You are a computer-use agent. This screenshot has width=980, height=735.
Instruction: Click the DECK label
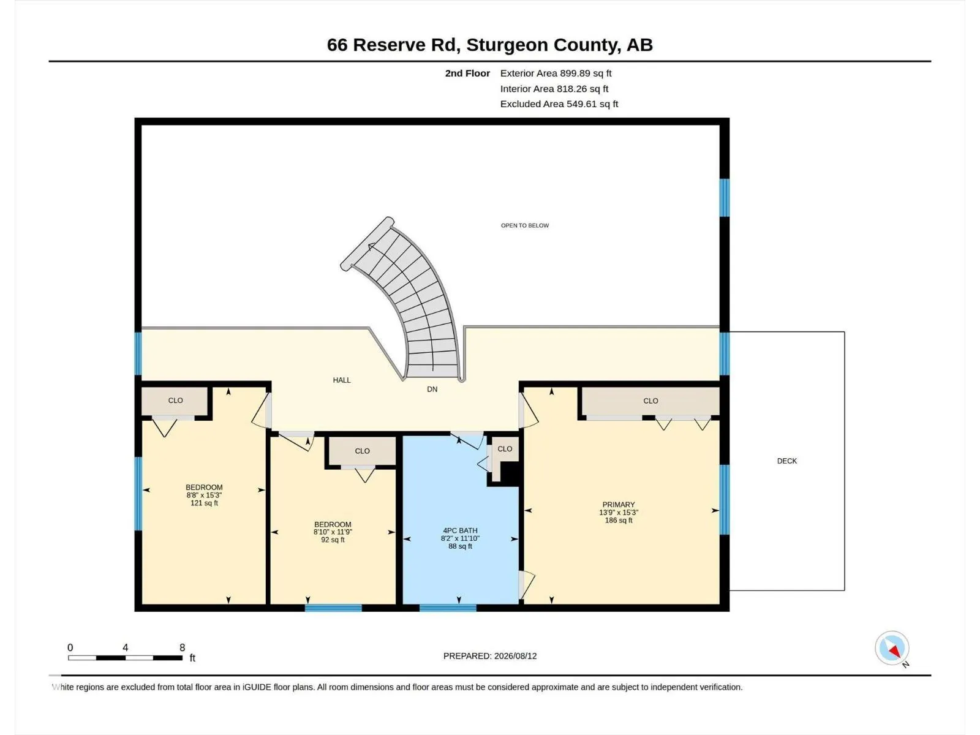tap(786, 461)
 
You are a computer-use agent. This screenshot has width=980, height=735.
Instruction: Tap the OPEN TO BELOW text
tap(524, 225)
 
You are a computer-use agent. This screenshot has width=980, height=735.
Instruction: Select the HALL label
tap(342, 380)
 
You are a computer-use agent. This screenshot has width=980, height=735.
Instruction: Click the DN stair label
tap(432, 389)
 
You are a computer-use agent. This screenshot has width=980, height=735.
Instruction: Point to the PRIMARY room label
tap(619, 505)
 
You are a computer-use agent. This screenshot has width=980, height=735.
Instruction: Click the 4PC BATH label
tap(460, 530)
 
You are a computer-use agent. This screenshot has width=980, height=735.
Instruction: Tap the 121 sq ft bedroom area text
tap(204, 503)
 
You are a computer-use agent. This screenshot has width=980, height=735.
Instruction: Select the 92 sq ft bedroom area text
tap(333, 540)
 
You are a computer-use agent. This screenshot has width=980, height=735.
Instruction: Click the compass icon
tap(892, 648)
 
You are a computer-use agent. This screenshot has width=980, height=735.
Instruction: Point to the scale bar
tap(125, 658)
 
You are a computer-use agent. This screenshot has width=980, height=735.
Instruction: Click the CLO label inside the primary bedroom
tap(650, 401)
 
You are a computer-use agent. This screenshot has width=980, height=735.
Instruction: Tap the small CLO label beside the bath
tap(505, 449)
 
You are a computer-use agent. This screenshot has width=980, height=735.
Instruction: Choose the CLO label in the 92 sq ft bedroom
tap(362, 451)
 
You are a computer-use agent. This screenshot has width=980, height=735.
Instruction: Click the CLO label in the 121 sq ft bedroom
tap(175, 401)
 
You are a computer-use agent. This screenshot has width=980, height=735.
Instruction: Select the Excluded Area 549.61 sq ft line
tap(559, 104)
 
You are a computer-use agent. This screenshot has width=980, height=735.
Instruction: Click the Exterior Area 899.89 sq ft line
tap(556, 73)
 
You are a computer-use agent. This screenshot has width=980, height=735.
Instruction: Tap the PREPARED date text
tap(490, 656)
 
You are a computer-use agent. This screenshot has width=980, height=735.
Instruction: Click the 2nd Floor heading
tap(467, 73)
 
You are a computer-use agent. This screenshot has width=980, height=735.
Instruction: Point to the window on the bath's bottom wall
tap(448, 608)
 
